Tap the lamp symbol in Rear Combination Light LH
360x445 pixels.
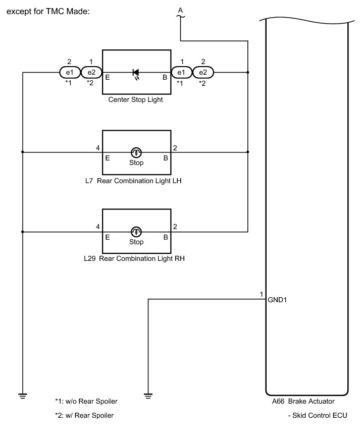[x=136, y=152]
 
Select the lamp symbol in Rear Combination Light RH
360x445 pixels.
[x=136, y=232]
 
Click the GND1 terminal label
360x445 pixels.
[x=278, y=300]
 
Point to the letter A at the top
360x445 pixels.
[x=180, y=10]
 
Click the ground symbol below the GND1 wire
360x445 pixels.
[x=148, y=395]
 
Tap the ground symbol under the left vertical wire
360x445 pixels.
[x=23, y=395]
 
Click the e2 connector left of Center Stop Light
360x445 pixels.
[x=91, y=73]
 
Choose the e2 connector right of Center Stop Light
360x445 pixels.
[x=202, y=73]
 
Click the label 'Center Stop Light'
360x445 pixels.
[x=136, y=100]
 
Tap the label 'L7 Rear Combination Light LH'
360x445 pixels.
[x=133, y=180]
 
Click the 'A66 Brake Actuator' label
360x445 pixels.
[x=303, y=402]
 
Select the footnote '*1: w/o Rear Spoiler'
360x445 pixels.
[x=89, y=402]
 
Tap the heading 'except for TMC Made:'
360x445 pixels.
[x=48, y=11]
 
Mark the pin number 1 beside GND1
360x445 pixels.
[x=261, y=294]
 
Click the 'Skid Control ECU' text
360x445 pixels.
[x=317, y=416]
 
